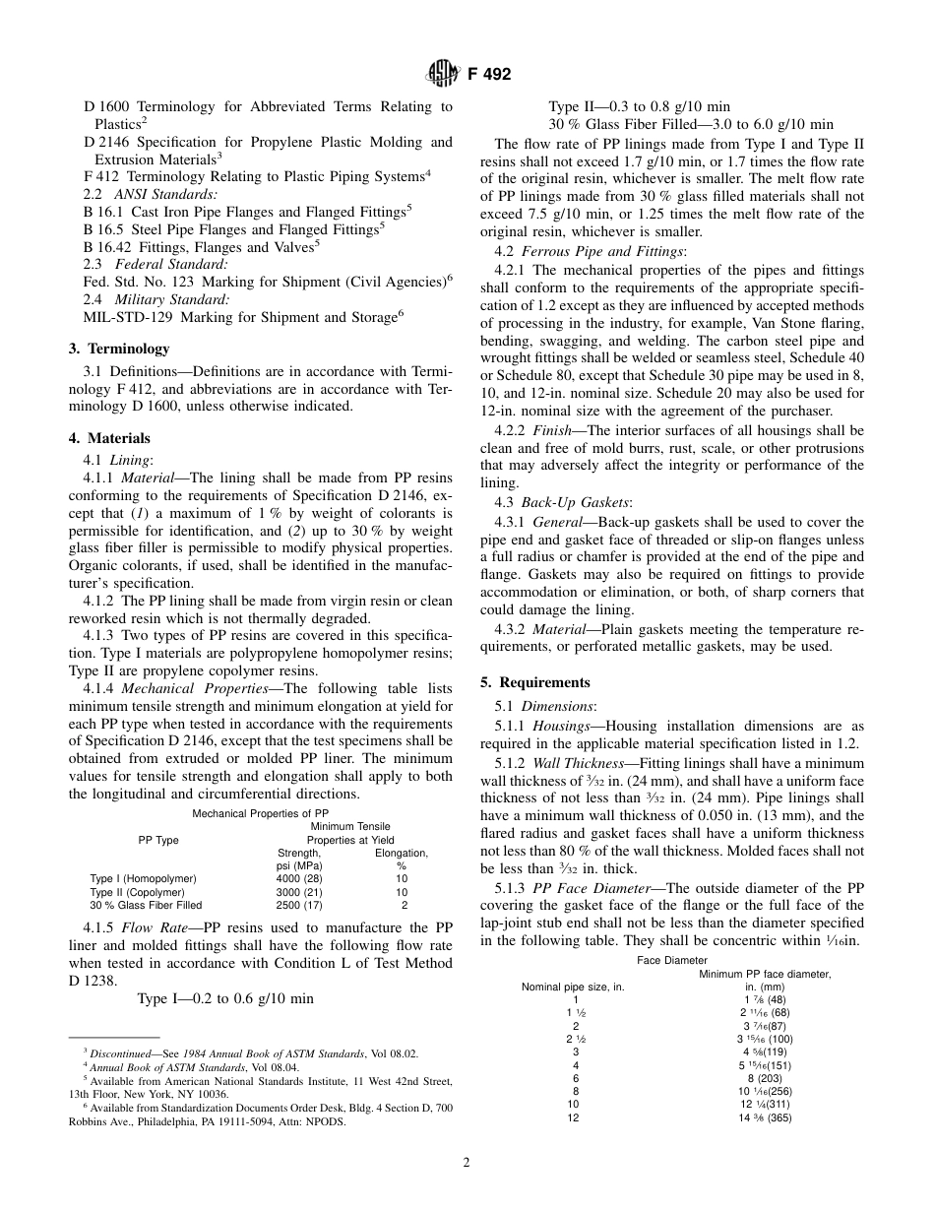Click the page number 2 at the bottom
[x=467, y=1162]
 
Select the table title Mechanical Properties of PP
[x=261, y=813]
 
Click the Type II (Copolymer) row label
[x=137, y=892]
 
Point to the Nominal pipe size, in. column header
[x=573, y=987]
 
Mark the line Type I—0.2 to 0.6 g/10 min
[x=226, y=998]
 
